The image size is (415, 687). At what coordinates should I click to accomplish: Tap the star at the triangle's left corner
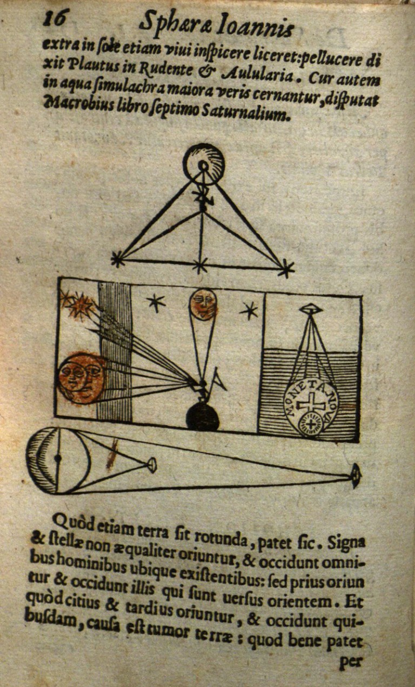(x=117, y=259)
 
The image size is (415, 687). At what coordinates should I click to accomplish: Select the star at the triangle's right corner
(x=286, y=268)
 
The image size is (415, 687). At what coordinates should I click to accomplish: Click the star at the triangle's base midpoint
(x=200, y=265)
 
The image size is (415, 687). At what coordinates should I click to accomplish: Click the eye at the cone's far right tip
(x=356, y=476)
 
